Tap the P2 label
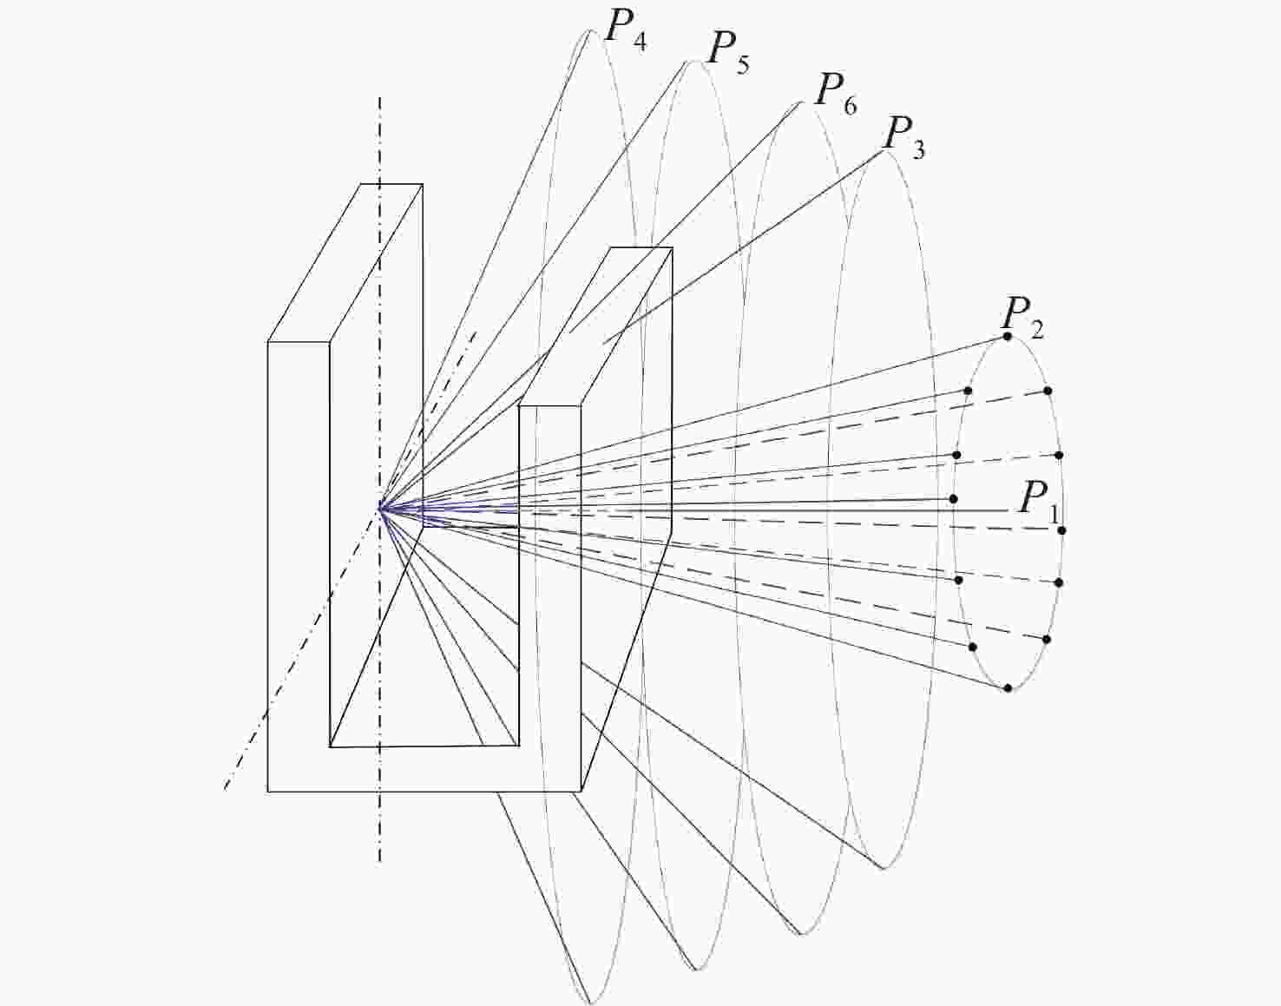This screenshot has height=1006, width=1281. coord(1022,319)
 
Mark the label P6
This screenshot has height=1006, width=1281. coord(835,95)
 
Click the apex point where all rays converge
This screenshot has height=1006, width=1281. coord(381,508)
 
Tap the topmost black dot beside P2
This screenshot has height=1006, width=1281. coord(1008,337)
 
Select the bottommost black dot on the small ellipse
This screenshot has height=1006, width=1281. coord(1008,687)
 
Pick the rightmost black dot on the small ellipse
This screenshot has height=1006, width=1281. coord(1061,530)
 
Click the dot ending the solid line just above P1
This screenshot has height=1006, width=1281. coord(954,499)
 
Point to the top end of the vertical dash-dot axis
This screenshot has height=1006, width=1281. coord(379,98)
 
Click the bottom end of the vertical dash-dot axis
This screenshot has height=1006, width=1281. coord(379,863)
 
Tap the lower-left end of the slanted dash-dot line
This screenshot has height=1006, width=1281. coord(225,788)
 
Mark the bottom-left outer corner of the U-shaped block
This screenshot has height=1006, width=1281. coord(268,792)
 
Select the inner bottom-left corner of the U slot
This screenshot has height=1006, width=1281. coord(330,747)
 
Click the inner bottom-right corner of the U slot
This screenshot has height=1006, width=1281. coord(519,746)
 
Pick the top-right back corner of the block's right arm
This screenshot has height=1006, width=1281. coord(672,247)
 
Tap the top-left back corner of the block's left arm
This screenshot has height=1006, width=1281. coord(361,185)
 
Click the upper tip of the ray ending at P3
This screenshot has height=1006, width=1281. coord(884,151)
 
